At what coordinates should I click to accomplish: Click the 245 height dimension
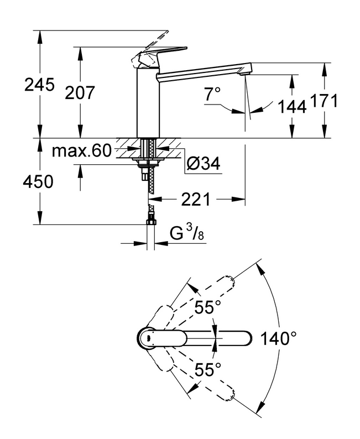pyautogui.click(x=39, y=85)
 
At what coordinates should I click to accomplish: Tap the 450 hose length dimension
pyautogui.click(x=39, y=181)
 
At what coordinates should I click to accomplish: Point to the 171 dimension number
pyautogui.click(x=324, y=101)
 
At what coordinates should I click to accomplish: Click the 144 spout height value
pyautogui.click(x=292, y=107)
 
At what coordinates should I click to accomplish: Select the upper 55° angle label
pyautogui.click(x=207, y=307)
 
